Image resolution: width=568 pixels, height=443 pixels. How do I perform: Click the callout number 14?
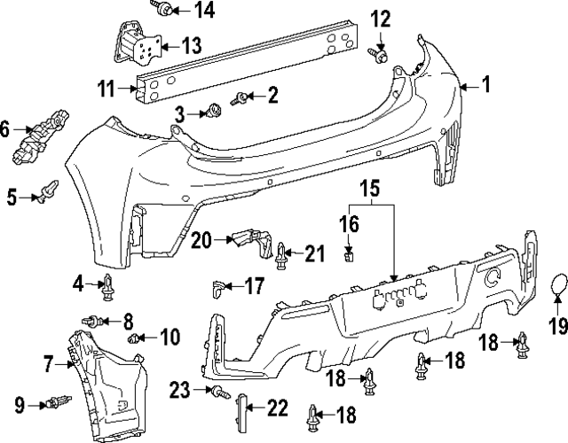[205, 11]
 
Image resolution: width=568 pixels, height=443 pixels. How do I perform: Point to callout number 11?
[107, 89]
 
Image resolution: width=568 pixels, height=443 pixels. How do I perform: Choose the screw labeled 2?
[242, 97]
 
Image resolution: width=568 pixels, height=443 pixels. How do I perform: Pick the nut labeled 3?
[214, 112]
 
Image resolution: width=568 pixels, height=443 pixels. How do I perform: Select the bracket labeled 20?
[251, 240]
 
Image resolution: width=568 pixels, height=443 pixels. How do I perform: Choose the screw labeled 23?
[217, 391]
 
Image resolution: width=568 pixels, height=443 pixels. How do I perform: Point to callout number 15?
[369, 189]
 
